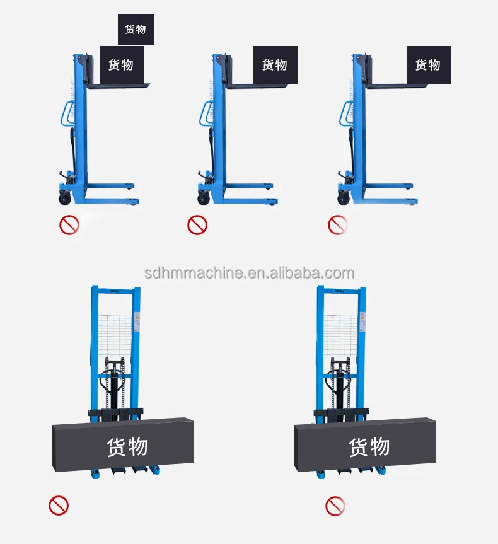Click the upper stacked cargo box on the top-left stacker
pos(136,30)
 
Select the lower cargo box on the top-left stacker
pos(121,64)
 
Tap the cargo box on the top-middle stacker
pos(275,64)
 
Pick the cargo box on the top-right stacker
pos(428,64)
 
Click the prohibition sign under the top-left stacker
pos(69,224)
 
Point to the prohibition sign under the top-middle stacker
pos(197,224)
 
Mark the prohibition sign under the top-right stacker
pos(338,224)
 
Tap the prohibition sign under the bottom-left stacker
pos(59,504)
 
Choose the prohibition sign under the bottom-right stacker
pos(335,504)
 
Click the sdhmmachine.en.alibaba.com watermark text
pos(249,273)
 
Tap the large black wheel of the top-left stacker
pos(66,199)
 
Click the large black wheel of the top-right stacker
pos(344,199)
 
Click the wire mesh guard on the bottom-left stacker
pos(115,334)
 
